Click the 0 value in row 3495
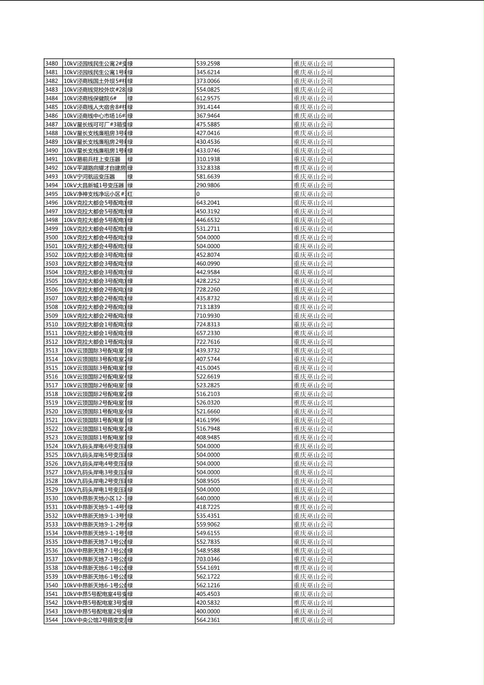(198, 194)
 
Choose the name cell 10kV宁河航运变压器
(90, 176)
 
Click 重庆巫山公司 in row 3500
(313, 237)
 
